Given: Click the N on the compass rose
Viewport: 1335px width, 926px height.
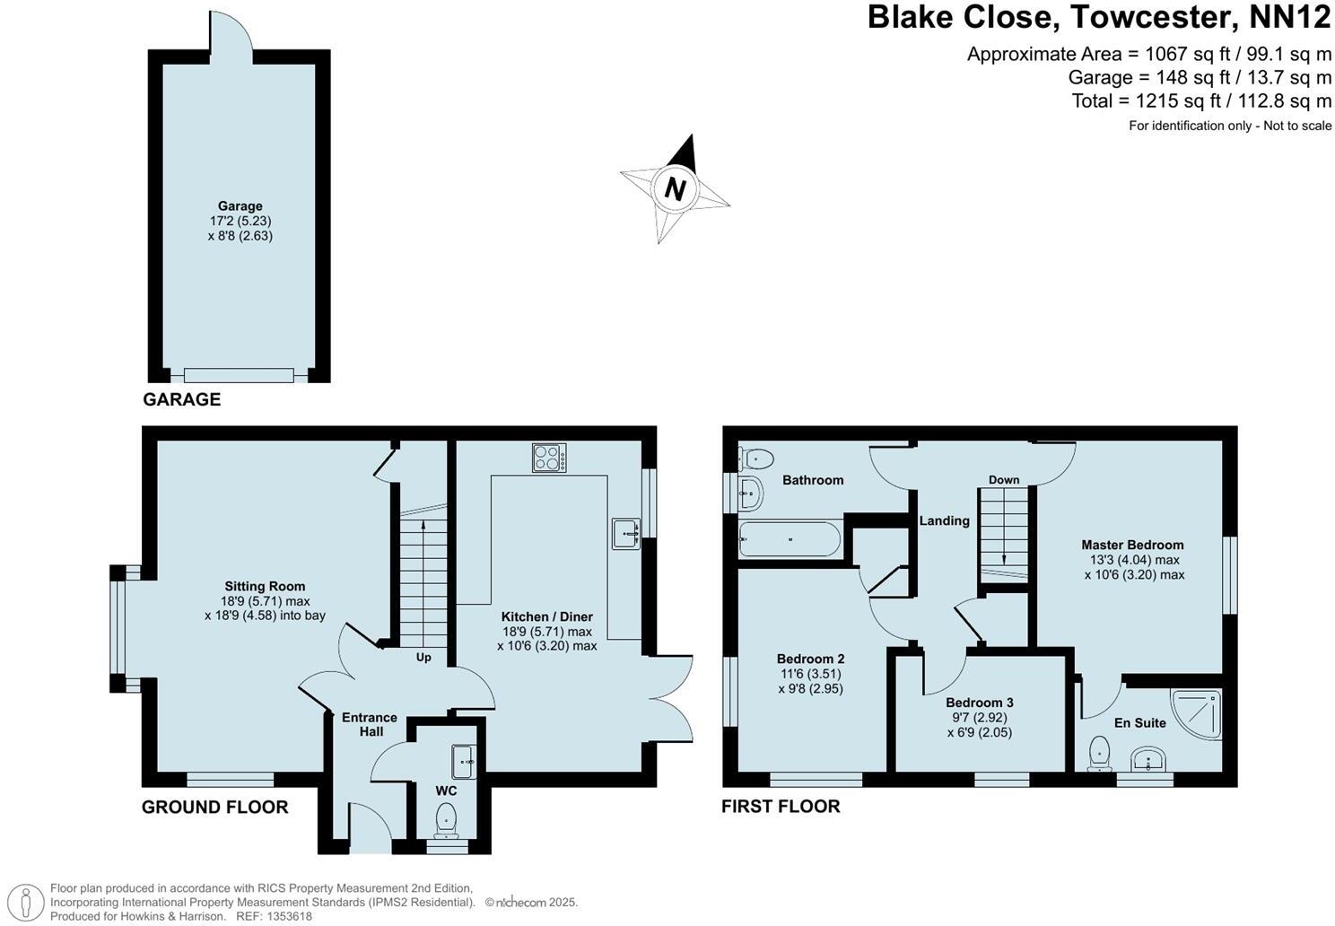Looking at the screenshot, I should click(675, 189).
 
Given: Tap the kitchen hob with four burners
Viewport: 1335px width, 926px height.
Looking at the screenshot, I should click(549, 458).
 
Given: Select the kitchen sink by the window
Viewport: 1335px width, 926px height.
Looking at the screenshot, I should click(626, 534).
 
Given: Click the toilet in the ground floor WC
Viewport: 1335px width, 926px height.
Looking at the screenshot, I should click(446, 818).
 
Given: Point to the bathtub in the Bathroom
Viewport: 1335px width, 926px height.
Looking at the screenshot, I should click(789, 539).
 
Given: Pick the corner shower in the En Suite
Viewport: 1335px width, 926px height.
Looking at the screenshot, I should click(1198, 713).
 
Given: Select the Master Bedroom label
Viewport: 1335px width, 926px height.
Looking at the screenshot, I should click(1132, 545).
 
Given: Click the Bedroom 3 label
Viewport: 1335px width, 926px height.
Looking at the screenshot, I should click(980, 703).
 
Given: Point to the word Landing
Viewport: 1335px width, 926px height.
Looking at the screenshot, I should click(944, 520).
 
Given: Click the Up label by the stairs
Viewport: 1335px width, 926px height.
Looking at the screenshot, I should click(423, 657).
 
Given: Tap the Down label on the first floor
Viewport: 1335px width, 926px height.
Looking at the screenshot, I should click(1004, 480).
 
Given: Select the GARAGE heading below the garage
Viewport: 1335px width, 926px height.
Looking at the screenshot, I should click(181, 399).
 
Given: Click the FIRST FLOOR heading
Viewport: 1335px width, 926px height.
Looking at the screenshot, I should click(781, 806).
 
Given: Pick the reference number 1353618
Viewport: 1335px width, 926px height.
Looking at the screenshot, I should click(286, 916).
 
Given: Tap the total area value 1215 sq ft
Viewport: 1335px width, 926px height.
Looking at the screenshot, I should click(1129, 100).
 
